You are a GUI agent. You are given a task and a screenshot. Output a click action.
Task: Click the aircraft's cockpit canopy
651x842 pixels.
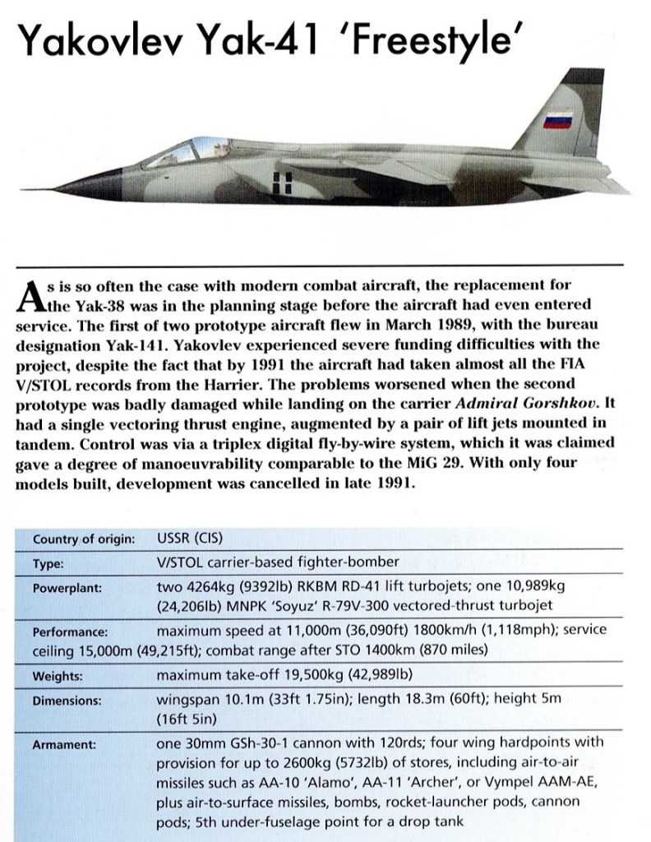click(173, 152)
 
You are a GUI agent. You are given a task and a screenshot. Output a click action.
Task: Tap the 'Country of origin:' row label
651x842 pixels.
click(84, 539)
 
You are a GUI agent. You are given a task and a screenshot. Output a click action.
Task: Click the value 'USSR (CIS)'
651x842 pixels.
click(190, 539)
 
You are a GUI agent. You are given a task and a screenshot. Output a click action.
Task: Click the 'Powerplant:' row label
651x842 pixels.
click(67, 589)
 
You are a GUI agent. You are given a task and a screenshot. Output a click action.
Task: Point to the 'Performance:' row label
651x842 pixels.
click(72, 631)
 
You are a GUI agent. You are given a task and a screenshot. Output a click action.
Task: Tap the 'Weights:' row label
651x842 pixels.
click(57, 677)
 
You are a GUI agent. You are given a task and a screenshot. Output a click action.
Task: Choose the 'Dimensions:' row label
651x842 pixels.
click(67, 701)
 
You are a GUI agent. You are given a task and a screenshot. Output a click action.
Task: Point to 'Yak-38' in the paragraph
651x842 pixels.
click(84, 303)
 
